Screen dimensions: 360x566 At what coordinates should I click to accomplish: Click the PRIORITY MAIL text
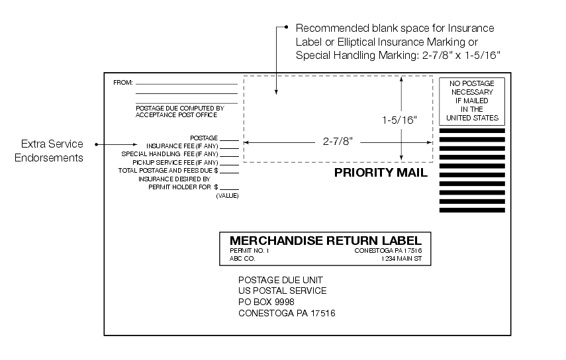[x=381, y=173]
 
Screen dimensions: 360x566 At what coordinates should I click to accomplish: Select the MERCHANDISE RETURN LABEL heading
[x=325, y=240]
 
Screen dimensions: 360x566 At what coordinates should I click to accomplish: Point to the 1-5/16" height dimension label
[x=400, y=120]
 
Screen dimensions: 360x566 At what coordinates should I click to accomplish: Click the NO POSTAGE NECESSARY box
[x=472, y=101]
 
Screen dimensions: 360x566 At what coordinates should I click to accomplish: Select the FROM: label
[x=123, y=83]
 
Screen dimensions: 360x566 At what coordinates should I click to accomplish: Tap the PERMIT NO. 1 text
[x=249, y=251]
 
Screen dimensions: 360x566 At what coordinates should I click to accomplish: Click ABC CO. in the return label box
[x=242, y=259]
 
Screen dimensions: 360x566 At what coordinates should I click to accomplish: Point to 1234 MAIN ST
[x=401, y=259]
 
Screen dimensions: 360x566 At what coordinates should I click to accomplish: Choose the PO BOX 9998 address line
[x=266, y=302]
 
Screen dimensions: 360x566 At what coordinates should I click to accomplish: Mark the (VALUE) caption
[x=227, y=196]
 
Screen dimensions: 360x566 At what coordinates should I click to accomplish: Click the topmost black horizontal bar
[x=472, y=131]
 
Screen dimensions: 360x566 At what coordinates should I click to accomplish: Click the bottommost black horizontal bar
[x=472, y=210]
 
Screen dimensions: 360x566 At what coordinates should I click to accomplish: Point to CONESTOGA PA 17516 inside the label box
[x=388, y=251]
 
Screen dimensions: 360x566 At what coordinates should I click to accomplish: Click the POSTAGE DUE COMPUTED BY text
[x=179, y=107]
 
